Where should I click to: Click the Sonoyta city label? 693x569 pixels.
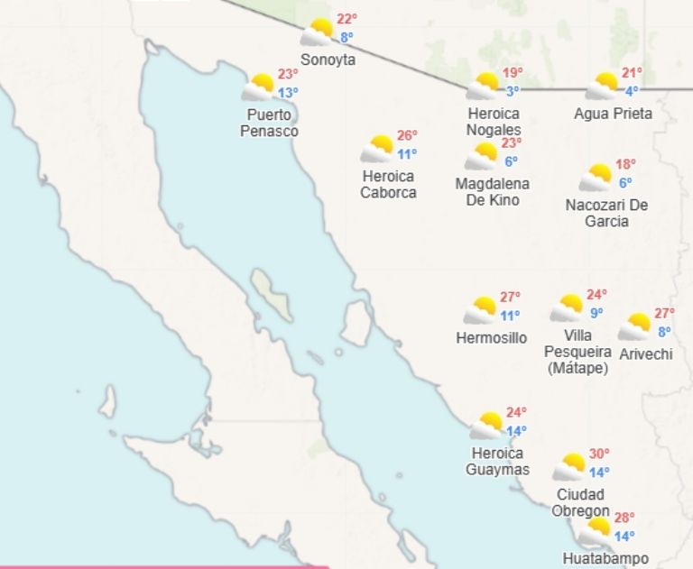click(x=328, y=60)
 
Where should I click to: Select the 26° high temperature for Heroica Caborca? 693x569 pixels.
click(x=407, y=135)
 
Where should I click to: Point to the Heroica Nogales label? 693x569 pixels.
click(x=494, y=122)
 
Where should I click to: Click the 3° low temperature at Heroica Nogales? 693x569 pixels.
click(x=512, y=90)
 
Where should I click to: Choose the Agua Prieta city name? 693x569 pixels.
click(x=613, y=114)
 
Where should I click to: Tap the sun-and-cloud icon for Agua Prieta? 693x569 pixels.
click(x=602, y=87)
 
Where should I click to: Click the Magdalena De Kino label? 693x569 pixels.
click(x=493, y=191)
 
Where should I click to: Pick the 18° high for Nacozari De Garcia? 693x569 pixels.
click(x=625, y=164)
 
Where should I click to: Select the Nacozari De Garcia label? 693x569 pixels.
click(x=607, y=213)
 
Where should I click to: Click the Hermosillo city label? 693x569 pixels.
click(x=492, y=338)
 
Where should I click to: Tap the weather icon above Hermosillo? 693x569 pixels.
click(x=481, y=310)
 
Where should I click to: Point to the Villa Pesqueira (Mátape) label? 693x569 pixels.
click(x=578, y=352)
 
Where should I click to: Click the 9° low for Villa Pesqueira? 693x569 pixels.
click(x=596, y=313)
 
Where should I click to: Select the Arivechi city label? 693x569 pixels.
click(x=646, y=354)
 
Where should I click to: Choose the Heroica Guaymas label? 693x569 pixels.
click(x=497, y=461)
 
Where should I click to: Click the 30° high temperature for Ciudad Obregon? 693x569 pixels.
click(x=599, y=454)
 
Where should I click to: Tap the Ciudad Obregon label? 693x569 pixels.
click(x=581, y=503)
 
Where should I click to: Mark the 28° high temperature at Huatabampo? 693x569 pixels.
click(x=624, y=518)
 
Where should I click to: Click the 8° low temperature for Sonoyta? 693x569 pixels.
click(x=346, y=37)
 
